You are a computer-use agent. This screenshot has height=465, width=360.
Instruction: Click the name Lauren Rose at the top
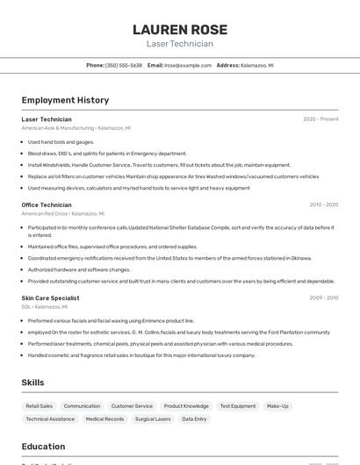coord(179,29)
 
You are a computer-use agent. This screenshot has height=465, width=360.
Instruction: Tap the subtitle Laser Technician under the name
coord(179,44)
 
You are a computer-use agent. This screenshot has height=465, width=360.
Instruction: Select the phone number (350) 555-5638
coord(124,66)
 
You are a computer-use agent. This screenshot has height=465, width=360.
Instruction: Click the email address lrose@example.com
coord(188,66)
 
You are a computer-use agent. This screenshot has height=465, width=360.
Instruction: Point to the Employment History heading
coord(65,100)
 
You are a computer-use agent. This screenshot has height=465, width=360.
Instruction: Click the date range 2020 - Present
coord(320,119)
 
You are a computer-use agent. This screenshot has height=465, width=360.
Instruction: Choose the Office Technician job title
coord(47,204)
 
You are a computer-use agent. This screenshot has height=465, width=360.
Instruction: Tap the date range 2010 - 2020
coord(323,204)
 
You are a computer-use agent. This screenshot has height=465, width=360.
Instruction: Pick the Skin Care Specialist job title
coord(50,297)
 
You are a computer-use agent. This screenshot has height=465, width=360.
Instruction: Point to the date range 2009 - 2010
coord(323,297)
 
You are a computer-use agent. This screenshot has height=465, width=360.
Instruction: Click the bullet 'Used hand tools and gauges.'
coord(61,141)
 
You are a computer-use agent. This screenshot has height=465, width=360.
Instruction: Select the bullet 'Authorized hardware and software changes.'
coord(79,269)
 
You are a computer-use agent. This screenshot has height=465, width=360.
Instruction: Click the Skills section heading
coord(33,383)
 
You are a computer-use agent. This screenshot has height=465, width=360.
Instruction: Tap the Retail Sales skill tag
coord(40,406)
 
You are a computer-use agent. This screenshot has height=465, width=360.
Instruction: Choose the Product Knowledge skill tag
coord(186,406)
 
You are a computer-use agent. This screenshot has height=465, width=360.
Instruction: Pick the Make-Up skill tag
coord(277,406)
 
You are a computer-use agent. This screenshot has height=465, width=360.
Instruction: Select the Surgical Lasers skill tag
coord(153,419)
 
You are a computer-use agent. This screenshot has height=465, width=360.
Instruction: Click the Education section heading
coord(43,447)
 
